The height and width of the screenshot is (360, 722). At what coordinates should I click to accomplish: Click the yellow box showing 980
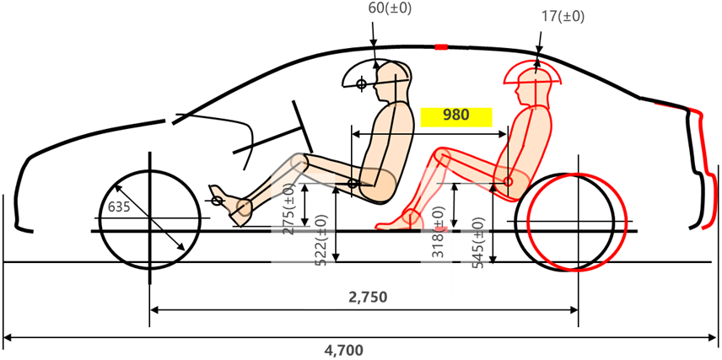click(456, 117)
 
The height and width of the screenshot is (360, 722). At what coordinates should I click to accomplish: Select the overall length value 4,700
click(343, 351)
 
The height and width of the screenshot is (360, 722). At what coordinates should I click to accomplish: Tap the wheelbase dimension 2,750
click(368, 298)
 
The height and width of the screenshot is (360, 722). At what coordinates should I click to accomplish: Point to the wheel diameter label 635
click(119, 207)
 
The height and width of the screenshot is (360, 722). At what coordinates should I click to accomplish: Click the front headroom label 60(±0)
click(390, 8)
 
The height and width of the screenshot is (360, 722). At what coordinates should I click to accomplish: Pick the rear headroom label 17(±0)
click(563, 17)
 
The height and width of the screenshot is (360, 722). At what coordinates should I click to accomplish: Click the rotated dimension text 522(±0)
click(321, 239)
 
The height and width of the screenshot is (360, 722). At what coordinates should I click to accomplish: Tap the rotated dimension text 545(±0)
click(479, 244)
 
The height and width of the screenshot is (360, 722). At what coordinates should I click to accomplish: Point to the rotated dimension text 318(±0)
click(439, 232)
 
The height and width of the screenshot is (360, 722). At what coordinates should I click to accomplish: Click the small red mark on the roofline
click(441, 46)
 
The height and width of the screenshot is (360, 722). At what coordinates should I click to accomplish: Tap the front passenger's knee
click(299, 163)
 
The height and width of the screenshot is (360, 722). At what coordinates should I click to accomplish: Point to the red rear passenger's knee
click(442, 156)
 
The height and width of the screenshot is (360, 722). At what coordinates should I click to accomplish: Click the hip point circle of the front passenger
click(353, 184)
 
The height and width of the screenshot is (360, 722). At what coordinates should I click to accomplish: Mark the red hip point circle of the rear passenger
click(508, 181)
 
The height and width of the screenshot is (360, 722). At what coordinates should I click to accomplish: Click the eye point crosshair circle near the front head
click(362, 83)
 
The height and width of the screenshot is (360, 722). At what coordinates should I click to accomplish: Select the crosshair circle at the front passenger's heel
click(218, 201)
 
